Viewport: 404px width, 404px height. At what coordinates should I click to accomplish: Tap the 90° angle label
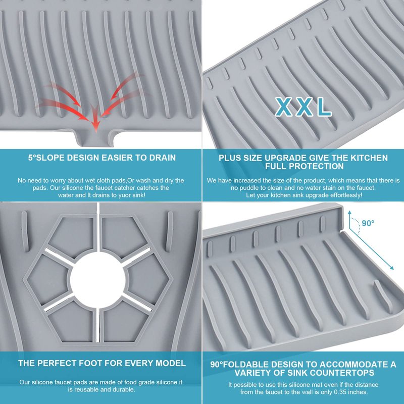click(368, 223)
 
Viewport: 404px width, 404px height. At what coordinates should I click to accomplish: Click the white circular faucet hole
click(97, 280)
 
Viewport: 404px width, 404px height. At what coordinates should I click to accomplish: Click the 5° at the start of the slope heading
click(32, 158)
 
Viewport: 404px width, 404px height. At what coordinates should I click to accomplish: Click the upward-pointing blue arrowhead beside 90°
click(349, 213)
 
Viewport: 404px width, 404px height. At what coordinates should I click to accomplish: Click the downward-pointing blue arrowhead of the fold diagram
click(392, 267)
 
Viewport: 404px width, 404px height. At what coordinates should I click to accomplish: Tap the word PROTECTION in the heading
click(317, 166)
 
